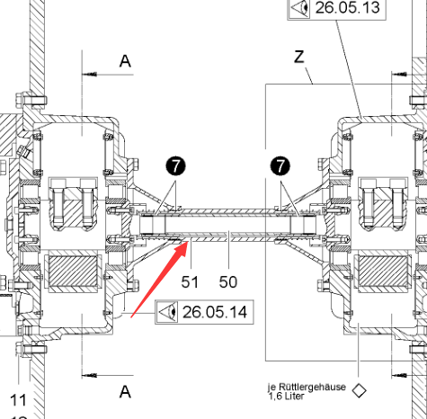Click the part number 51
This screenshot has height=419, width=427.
click(190, 282)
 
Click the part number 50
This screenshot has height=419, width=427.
click(228, 282)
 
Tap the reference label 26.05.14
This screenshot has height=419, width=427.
click(215, 312)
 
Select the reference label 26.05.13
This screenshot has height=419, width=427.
click(348, 7)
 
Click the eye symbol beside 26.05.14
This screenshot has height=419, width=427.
click(167, 312)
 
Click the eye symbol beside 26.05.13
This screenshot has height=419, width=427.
click(299, 8)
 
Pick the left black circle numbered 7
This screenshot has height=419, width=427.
click(175, 165)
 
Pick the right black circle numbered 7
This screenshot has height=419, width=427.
click(280, 165)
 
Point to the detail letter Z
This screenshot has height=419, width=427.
click(299, 57)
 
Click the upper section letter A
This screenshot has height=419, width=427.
click(125, 61)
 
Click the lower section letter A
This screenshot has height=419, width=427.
click(125, 391)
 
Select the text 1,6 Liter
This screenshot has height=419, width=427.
click(286, 397)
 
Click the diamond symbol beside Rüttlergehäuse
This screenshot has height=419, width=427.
click(359, 390)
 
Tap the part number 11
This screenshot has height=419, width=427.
click(18, 400)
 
